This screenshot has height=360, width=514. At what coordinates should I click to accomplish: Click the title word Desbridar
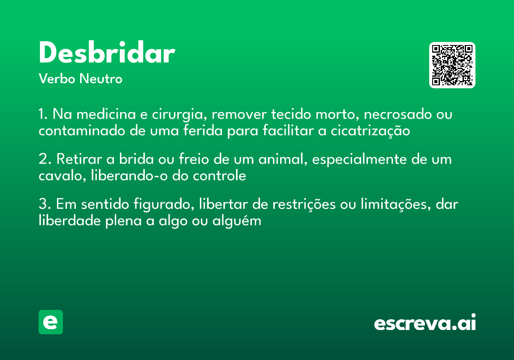[x=107, y=54]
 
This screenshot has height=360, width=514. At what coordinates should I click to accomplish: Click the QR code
[x=452, y=65]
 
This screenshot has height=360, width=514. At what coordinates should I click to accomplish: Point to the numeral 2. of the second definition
[x=45, y=159]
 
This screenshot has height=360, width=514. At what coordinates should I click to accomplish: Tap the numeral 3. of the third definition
[x=45, y=204]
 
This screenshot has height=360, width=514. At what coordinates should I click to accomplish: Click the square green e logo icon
[x=51, y=322]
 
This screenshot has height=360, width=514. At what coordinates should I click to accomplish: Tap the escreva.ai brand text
[x=425, y=323]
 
